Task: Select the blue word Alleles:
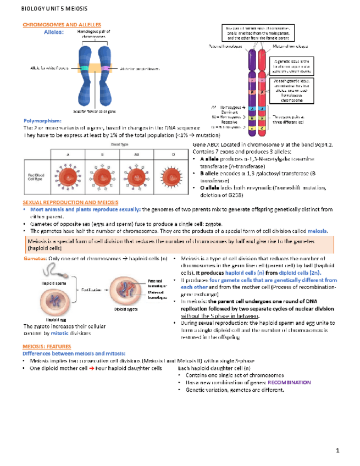point(54,32)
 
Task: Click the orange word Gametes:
point(34,258)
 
